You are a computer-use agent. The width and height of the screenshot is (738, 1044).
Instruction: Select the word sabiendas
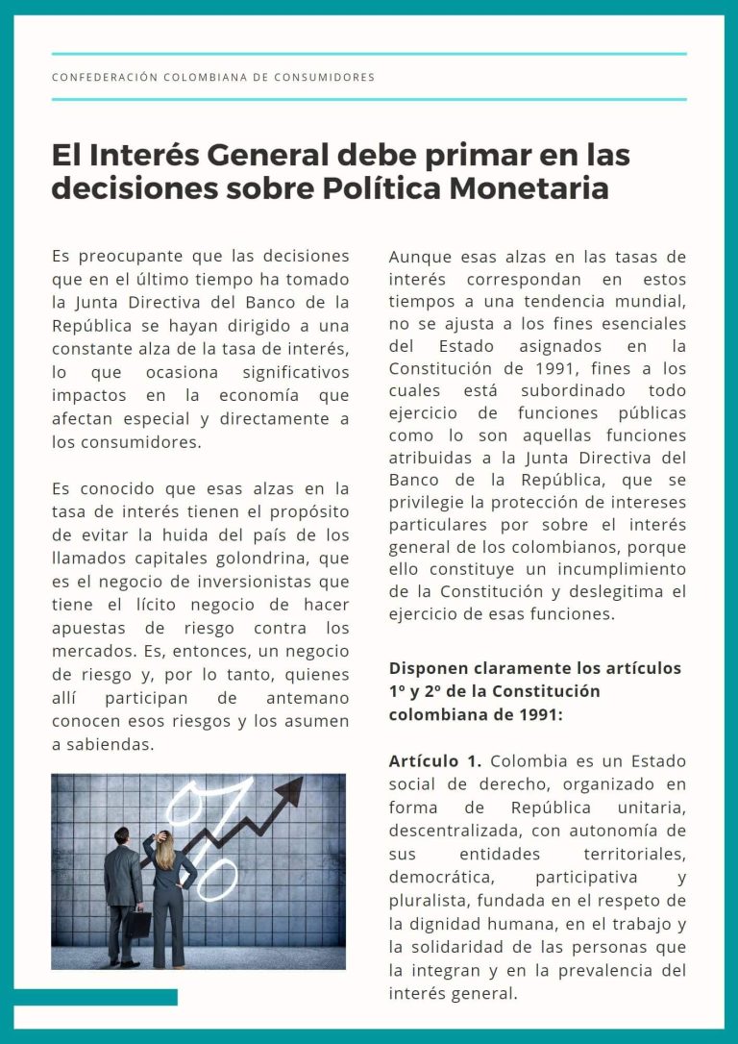111,743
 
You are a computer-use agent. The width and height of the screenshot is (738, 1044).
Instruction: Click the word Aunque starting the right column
422,257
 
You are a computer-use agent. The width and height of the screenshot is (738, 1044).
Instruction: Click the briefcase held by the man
138,923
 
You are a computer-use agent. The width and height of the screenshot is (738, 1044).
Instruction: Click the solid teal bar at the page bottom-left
96,997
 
